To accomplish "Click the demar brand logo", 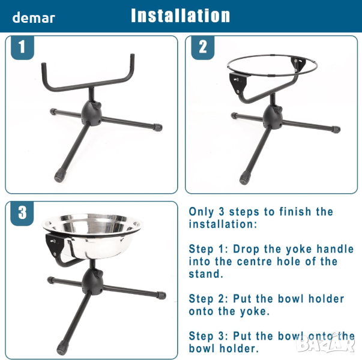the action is tap(34, 18).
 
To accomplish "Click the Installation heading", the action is tap(180, 16).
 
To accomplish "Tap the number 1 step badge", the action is tap(22, 47).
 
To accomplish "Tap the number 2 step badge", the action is tap(202, 47).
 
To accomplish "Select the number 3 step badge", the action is tap(22, 213).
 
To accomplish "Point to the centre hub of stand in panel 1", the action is tap(91, 113).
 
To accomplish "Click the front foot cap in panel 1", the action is tap(60, 175).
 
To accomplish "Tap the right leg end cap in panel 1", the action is tap(158, 127).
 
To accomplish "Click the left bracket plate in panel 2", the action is tap(238, 82).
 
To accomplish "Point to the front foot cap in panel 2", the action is tap(245, 177).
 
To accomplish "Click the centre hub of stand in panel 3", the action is tap(92, 282).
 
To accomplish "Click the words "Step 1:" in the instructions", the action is tap(208, 249).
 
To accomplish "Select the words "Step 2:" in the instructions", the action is tap(208, 299).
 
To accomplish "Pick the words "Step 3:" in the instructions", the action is tap(208, 336).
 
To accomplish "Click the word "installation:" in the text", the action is tap(223, 224).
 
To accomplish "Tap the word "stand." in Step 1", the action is tap(206, 274).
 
